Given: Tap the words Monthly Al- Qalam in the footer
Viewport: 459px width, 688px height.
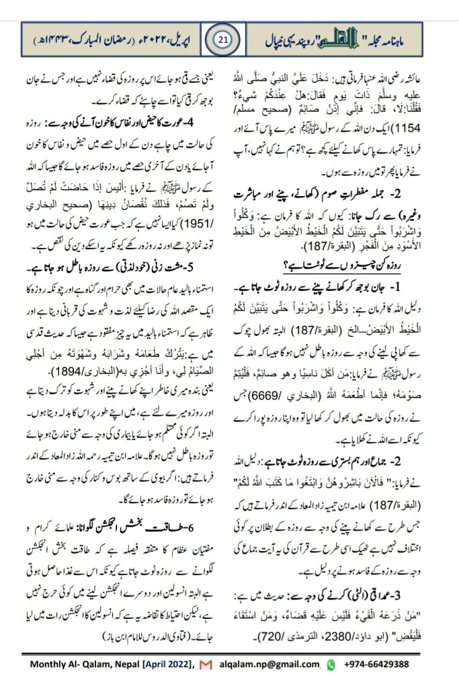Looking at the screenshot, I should (x=79, y=664).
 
